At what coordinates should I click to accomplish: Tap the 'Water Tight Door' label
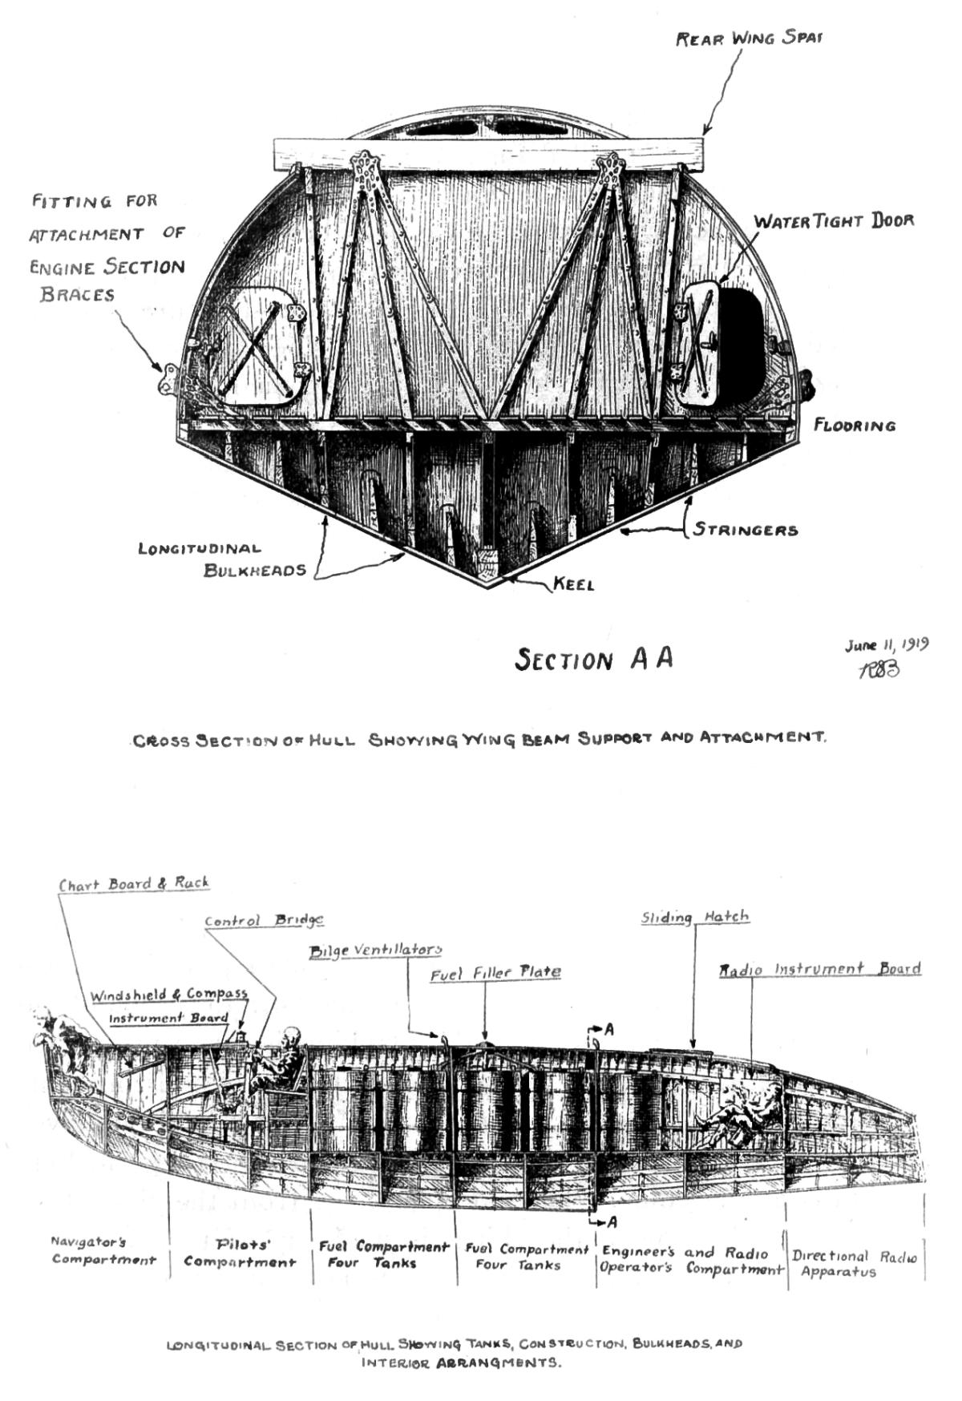[834, 220]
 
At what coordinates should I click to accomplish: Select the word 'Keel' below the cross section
[573, 584]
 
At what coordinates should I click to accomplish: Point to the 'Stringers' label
[746, 530]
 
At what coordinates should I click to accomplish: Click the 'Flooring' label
[855, 425]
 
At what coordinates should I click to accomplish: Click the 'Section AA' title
[593, 659]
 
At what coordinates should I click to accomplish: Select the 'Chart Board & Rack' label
[134, 884]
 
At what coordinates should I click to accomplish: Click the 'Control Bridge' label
[264, 921]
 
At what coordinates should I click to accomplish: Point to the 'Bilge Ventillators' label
[375, 951]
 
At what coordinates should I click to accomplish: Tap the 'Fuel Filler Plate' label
[495, 973]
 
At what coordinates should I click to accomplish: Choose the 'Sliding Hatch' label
[695, 917]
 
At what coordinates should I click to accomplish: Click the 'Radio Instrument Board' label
[819, 970]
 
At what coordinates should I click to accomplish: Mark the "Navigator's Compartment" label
[103, 1251]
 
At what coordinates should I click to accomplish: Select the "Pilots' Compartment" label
[240, 1254]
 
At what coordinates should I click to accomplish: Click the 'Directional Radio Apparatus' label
[854, 1264]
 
